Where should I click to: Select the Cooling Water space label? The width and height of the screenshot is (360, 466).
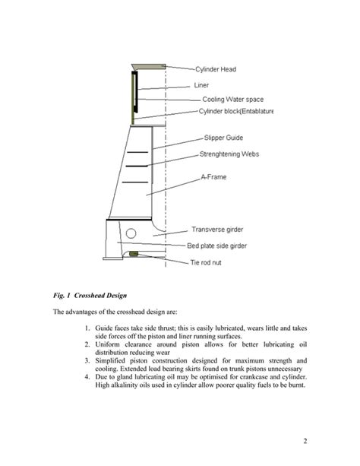click(x=234, y=99)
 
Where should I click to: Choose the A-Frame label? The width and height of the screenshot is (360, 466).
click(x=215, y=177)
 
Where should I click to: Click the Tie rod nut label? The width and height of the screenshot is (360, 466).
click(x=210, y=262)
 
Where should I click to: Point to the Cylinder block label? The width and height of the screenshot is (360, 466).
click(x=236, y=112)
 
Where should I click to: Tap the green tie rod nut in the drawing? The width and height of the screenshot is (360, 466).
click(x=134, y=253)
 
